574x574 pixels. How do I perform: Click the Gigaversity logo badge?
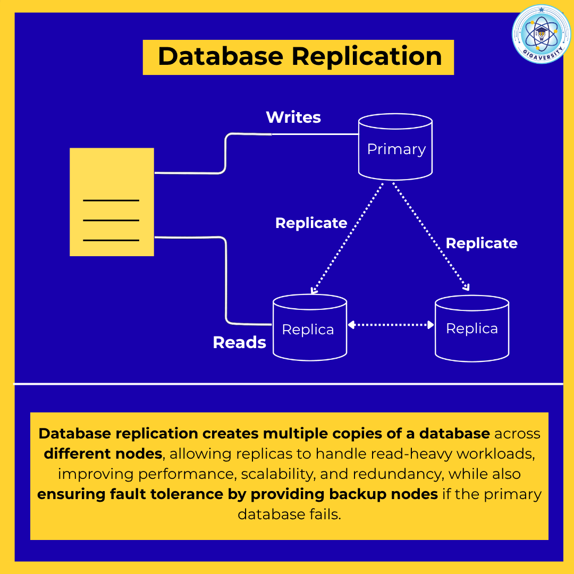(541, 34)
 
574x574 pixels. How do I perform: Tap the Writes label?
(293, 117)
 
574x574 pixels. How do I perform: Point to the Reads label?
(239, 342)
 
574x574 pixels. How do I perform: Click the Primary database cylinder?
(395, 147)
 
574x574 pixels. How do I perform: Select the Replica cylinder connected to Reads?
(309, 328)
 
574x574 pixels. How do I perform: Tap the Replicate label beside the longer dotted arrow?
(482, 243)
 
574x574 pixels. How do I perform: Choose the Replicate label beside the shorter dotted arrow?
(311, 223)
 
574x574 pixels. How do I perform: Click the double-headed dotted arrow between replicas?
(391, 324)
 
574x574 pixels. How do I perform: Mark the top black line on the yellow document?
(111, 200)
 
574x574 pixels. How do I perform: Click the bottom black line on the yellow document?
(111, 240)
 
